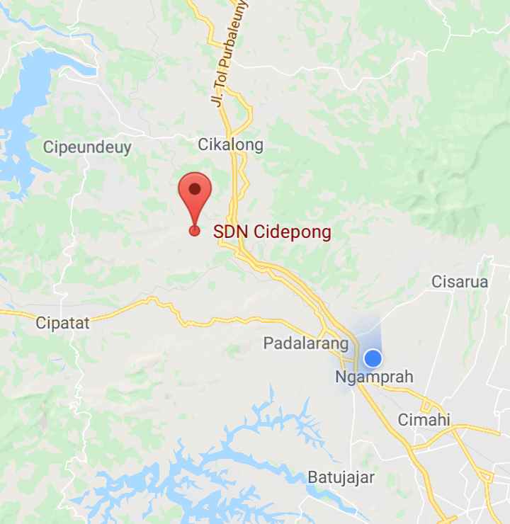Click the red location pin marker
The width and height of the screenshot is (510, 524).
point(195,195)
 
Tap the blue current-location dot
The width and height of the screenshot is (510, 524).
point(373,358)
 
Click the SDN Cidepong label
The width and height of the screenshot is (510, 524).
point(273,232)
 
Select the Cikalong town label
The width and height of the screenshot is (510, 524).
point(230,145)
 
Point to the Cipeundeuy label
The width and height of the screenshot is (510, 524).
point(87,147)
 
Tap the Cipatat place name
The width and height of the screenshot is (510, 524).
point(63,324)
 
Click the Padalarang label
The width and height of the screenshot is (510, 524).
point(306,344)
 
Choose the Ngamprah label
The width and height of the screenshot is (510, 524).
point(374,377)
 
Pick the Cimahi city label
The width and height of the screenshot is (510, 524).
point(424,419)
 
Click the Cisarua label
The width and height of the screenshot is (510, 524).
point(460,282)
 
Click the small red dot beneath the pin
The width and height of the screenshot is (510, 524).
point(195,230)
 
